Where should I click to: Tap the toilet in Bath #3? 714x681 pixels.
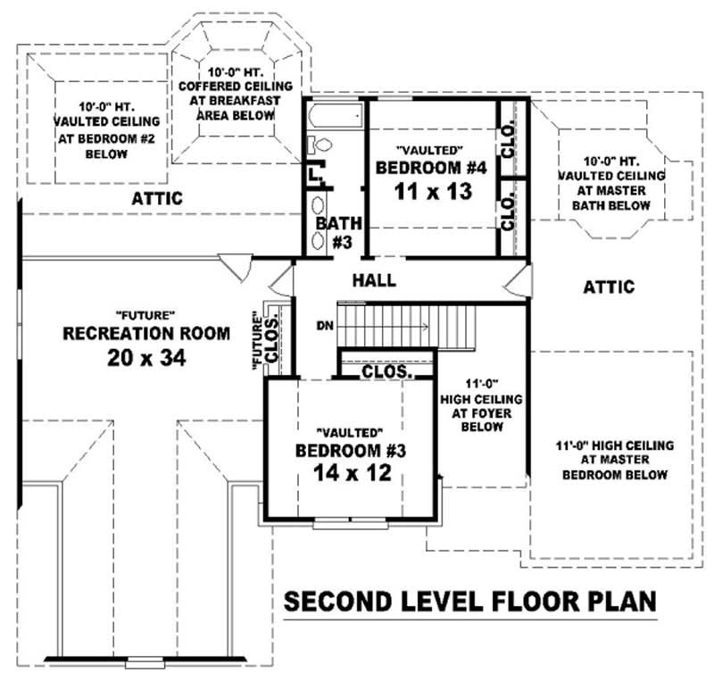coord(321,145)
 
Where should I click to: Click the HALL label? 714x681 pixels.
coord(374,280)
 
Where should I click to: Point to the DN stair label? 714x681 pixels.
coord(325,325)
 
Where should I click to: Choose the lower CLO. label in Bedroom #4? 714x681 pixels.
coord(508,215)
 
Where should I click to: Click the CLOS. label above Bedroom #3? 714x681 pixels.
coord(386,370)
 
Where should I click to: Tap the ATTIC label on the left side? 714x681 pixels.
coord(157,197)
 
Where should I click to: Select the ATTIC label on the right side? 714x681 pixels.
coord(609,287)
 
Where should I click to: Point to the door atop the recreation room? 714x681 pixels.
coord(234,265)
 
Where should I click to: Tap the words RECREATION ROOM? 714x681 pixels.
coord(145,333)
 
